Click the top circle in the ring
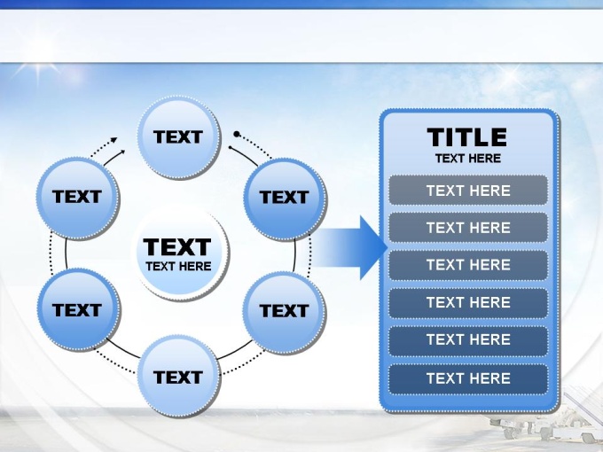179,137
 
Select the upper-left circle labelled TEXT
78,199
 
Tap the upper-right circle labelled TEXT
285,199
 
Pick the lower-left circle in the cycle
78,310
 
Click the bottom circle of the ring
179,377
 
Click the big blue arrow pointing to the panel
350,247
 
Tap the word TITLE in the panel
466,137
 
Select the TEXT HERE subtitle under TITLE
468,159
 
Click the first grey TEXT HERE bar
468,191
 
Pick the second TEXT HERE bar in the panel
468,227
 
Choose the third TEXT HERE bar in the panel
468,264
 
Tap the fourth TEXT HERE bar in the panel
468,302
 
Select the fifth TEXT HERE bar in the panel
468,339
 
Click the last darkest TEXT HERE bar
468,378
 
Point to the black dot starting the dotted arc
237,134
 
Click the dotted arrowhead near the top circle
114,140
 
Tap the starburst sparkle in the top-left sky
37,70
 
